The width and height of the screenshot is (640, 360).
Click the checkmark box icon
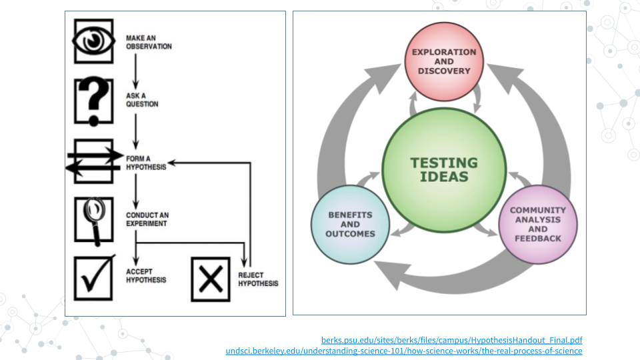93,277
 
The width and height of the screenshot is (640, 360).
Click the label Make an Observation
149,42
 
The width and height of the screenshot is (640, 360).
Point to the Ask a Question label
142,100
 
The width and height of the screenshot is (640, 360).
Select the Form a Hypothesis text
145,163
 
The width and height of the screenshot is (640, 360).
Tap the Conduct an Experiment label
147,219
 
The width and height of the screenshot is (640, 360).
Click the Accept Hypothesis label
145,276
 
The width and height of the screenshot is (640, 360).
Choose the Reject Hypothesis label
258,279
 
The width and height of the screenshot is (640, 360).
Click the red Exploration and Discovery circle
443,61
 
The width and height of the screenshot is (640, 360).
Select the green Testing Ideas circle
444,169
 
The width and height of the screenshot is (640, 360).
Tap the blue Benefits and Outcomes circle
350,224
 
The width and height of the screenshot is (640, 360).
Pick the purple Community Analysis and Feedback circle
537,224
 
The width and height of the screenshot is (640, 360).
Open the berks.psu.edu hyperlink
451,339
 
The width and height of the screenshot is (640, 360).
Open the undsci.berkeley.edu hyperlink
404,351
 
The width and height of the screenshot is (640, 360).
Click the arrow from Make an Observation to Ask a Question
135,69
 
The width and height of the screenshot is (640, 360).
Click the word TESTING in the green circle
444,163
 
